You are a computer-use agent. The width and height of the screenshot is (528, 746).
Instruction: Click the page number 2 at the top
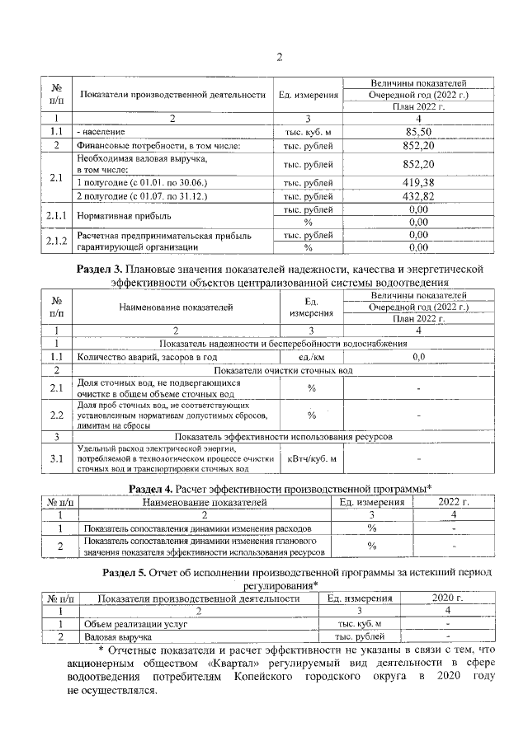coord(279,57)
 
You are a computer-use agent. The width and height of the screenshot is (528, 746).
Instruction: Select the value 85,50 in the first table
coord(418,131)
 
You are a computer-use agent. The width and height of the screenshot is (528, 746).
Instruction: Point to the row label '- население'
coord(101,131)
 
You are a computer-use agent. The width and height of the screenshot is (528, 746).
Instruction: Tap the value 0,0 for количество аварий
coord(418,356)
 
